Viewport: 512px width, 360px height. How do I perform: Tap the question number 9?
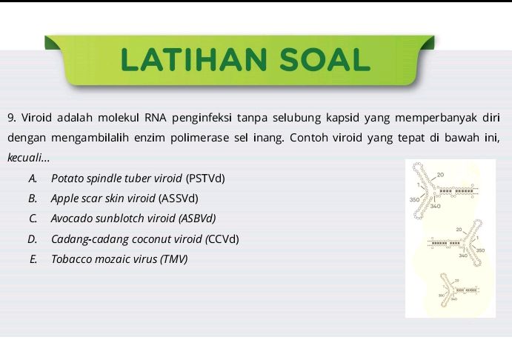(11, 119)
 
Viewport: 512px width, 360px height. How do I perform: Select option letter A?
(33, 179)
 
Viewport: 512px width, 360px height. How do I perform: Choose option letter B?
(33, 199)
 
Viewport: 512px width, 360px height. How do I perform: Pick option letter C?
(33, 219)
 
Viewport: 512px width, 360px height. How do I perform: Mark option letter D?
(33, 239)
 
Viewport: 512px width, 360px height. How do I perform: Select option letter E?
(33, 259)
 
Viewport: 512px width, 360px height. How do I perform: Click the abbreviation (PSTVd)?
(205, 179)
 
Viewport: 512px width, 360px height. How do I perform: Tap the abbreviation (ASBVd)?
(197, 219)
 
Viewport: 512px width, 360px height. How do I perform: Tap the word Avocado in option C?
(71, 219)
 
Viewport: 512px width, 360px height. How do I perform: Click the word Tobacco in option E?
(70, 259)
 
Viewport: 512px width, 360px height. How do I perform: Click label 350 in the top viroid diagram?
(415, 200)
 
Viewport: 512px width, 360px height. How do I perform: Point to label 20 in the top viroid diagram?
(441, 174)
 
